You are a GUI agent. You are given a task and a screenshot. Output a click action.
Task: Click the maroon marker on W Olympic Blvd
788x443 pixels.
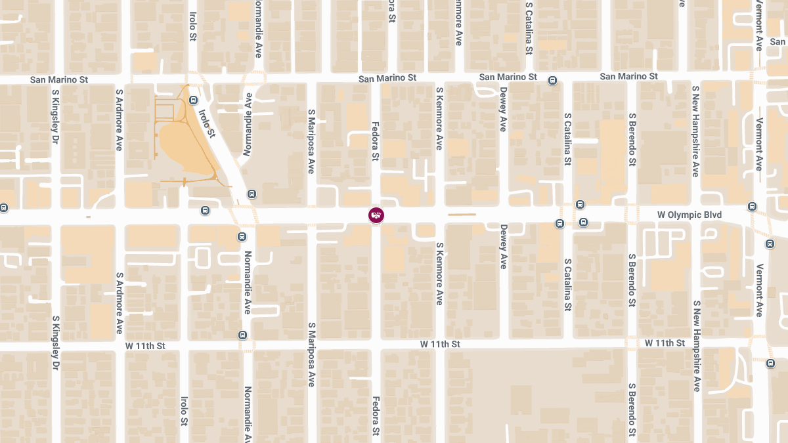click(376, 215)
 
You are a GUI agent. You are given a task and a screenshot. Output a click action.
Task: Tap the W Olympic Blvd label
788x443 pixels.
click(689, 215)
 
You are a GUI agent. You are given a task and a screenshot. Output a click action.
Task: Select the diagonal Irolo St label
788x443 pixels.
click(207, 123)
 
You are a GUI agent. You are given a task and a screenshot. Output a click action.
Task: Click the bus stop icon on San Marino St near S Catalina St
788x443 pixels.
click(552, 81)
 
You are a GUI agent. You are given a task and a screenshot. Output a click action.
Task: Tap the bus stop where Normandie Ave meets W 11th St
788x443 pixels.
click(243, 335)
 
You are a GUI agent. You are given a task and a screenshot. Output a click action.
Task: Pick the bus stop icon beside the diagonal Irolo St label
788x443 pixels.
click(193, 100)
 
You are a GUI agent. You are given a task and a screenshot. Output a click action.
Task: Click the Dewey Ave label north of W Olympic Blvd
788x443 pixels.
click(503, 109)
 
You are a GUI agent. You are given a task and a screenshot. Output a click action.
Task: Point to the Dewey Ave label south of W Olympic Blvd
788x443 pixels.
click(503, 246)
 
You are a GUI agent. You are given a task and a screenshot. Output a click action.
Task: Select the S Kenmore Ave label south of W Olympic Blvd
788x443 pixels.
click(439, 274)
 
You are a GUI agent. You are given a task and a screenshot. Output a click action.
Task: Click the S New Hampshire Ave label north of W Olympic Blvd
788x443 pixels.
click(695, 131)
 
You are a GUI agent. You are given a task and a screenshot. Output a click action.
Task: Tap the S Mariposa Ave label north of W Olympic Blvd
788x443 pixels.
click(312, 141)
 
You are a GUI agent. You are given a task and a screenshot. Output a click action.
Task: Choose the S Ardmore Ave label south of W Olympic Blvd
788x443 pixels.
click(120, 303)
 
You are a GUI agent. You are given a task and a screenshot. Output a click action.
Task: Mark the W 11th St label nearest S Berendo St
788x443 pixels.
click(665, 343)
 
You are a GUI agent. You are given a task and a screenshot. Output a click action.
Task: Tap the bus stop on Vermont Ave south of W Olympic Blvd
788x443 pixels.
click(770, 244)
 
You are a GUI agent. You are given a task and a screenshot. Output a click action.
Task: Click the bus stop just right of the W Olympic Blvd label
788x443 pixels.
click(752, 207)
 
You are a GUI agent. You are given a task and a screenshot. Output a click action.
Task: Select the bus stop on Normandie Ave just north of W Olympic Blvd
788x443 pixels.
click(252, 194)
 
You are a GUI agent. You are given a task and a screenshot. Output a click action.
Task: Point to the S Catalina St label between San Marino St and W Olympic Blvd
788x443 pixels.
click(567, 142)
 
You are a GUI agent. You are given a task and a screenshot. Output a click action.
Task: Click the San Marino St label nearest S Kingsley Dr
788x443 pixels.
click(59, 79)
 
